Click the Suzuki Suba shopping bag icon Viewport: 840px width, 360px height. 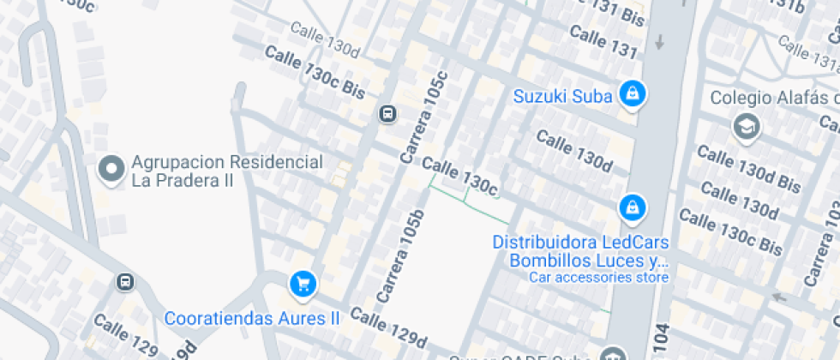click(632, 94)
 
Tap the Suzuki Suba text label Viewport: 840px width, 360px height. click(562, 96)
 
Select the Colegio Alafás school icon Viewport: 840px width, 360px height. click(747, 127)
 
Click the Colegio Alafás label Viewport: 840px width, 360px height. click(771, 98)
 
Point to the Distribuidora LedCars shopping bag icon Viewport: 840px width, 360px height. click(632, 207)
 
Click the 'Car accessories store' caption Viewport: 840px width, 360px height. click(598, 277)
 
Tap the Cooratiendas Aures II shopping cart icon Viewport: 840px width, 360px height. click(302, 283)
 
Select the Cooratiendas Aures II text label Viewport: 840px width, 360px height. click(252, 318)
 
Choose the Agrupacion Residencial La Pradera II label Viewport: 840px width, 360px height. click(226, 171)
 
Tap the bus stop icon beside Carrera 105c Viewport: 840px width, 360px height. click(387, 113)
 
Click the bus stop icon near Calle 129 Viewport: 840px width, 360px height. click(125, 281)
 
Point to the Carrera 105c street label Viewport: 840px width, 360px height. click(424, 117)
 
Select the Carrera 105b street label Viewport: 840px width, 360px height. click(400, 256)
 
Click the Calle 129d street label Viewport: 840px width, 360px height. click(388, 327)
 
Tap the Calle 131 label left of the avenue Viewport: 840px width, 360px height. click(603, 42)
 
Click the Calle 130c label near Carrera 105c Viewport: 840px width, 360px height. click(459, 175)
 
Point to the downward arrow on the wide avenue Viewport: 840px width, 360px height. click(660, 41)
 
